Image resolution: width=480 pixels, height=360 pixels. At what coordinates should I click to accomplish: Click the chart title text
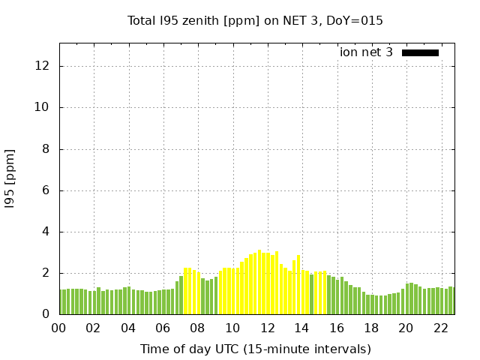(x=255, y=21)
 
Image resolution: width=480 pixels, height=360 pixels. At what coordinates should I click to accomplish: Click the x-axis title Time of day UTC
(x=255, y=349)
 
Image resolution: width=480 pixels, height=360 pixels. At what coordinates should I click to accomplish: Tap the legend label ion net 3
(x=366, y=52)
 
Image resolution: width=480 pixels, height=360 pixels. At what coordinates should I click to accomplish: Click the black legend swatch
(x=420, y=52)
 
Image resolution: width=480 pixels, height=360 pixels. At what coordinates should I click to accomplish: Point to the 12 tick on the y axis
(x=43, y=66)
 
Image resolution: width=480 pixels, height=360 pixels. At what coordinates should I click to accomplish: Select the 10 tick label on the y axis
(x=43, y=107)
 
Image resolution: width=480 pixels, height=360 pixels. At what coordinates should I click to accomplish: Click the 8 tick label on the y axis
(x=46, y=148)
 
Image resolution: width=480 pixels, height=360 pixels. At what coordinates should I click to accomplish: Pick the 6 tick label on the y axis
(x=46, y=190)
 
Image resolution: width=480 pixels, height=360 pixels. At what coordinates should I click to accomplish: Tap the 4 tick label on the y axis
(x=46, y=232)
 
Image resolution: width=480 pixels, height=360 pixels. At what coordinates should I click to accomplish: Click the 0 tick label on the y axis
(x=46, y=314)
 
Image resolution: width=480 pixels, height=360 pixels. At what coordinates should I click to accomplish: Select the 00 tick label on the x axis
(x=59, y=328)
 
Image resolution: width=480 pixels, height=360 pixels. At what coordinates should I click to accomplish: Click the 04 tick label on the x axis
(x=128, y=328)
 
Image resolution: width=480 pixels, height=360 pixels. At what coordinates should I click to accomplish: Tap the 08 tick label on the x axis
(x=198, y=328)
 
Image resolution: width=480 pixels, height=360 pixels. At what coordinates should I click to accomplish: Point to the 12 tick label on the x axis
(x=267, y=328)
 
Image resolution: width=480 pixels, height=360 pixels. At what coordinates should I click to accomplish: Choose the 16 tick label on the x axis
(x=337, y=328)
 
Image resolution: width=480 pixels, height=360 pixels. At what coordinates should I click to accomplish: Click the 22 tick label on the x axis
(x=440, y=328)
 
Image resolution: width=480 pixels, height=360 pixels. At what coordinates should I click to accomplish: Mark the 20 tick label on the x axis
(x=406, y=328)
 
